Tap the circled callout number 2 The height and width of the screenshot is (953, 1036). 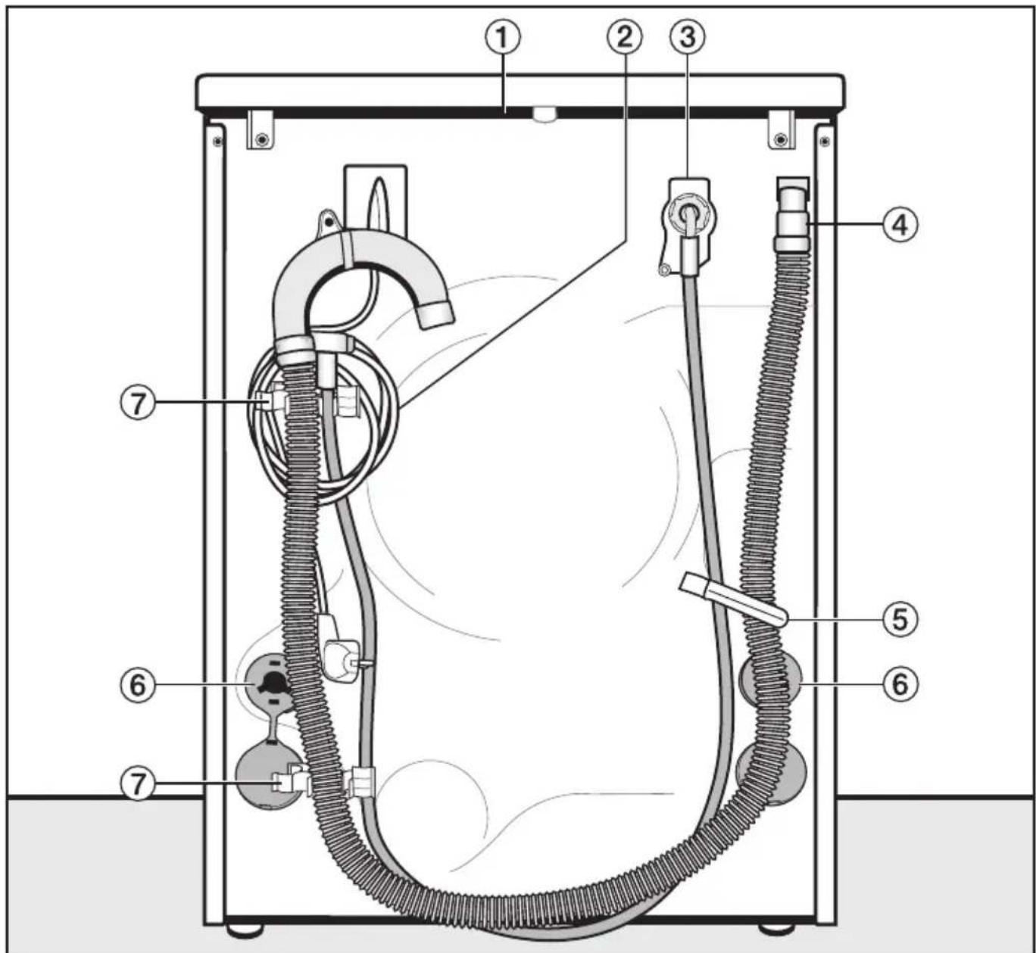[x=624, y=38]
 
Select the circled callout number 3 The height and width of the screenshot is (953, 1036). [x=688, y=38]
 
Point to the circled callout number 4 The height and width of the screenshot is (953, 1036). [x=900, y=226]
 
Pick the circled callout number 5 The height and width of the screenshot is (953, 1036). [x=900, y=618]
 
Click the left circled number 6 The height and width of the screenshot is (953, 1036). [x=137, y=685]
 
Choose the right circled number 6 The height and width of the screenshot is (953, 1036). [x=900, y=684]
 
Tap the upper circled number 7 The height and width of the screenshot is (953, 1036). [x=137, y=403]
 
